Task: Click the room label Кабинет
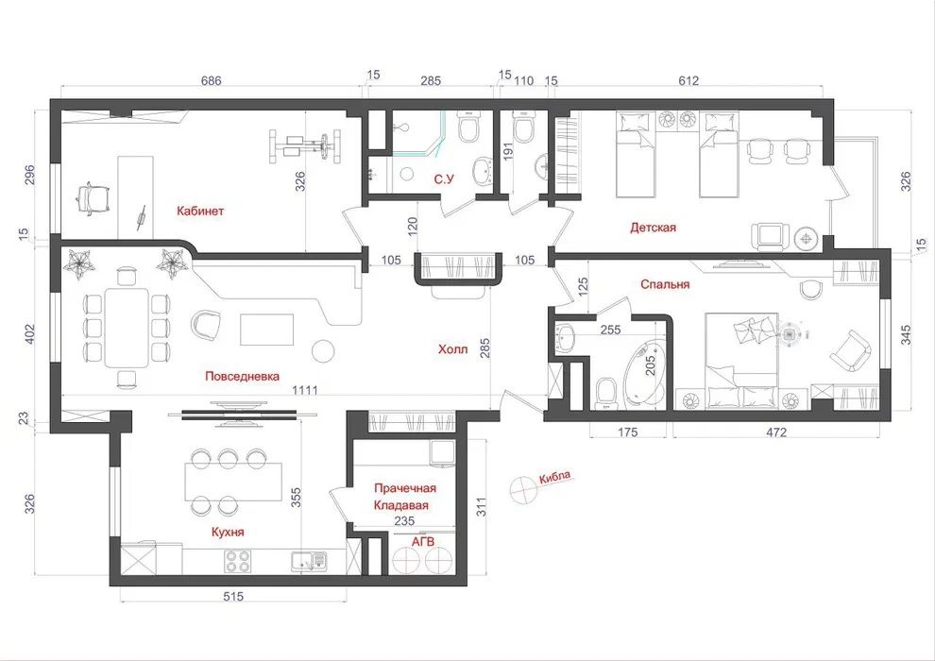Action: [200, 211]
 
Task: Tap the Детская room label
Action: [654, 228]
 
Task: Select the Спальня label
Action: [665, 283]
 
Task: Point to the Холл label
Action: [452, 349]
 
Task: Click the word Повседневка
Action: [242, 376]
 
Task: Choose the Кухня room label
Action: [228, 533]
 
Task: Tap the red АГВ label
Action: [422, 542]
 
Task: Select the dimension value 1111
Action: [304, 389]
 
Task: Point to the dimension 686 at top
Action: [211, 81]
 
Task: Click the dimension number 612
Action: [688, 81]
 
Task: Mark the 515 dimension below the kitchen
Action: [233, 596]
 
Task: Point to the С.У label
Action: [446, 178]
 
